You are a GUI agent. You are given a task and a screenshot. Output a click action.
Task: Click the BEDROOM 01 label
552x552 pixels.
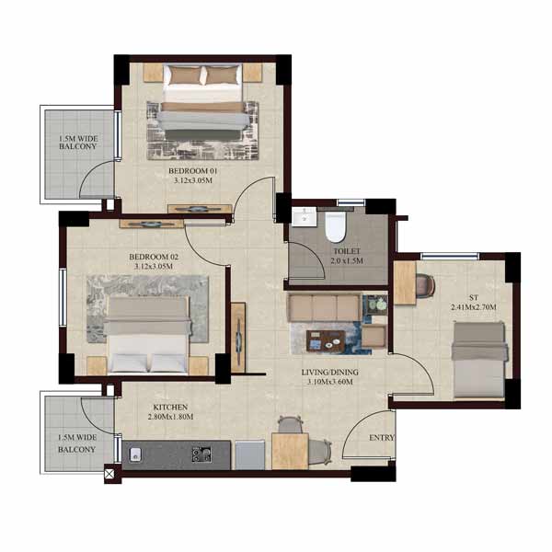tap(193, 171)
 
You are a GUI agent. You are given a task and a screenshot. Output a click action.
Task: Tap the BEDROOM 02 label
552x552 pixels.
tap(154, 257)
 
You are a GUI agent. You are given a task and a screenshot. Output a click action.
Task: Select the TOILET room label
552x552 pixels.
tap(347, 251)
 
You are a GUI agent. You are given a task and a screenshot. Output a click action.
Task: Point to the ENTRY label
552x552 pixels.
tap(382, 438)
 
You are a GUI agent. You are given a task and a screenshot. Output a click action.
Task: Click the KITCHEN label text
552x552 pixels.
tap(170, 408)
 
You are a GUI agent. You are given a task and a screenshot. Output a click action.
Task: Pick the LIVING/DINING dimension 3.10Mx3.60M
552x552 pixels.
tap(330, 382)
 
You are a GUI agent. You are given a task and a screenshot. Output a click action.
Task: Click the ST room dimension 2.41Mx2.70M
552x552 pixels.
tap(474, 307)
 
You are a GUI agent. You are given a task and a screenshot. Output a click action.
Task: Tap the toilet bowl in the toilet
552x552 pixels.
tap(335, 226)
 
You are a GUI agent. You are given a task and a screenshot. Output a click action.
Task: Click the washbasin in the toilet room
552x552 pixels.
tap(305, 216)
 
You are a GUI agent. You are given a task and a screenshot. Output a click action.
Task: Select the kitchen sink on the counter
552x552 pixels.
tap(135, 454)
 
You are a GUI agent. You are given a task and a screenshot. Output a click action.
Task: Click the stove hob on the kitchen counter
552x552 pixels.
tap(201, 454)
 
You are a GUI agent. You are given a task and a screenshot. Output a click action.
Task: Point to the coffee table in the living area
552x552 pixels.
tap(326, 340)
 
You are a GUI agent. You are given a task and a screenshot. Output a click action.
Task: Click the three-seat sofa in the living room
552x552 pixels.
tap(324, 307)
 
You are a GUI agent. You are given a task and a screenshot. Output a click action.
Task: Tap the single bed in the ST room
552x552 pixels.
tap(479, 360)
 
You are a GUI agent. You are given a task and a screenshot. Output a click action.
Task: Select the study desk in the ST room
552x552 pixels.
tap(405, 282)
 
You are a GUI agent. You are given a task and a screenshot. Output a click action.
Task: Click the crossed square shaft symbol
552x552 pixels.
tap(109, 474)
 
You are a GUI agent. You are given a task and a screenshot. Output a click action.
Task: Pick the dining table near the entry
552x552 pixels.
tap(290, 452)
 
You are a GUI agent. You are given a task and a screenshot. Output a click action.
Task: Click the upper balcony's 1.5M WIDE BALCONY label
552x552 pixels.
tap(78, 143)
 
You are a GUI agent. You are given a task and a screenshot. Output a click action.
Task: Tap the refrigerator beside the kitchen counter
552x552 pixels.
tap(250, 454)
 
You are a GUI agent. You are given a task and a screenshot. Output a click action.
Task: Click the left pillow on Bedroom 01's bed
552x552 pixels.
tap(185, 75)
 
